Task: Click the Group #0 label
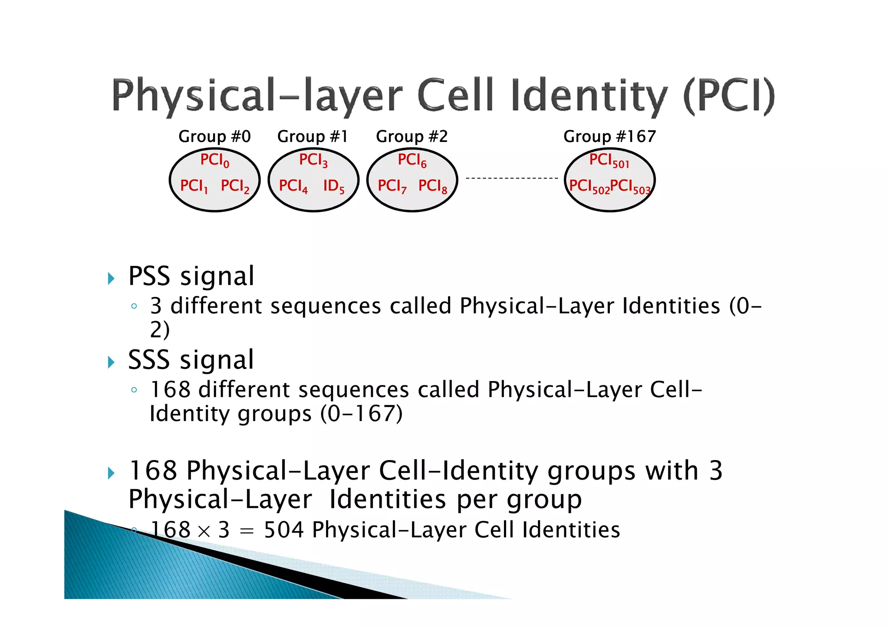click(214, 137)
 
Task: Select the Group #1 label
click(313, 137)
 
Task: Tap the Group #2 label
click(412, 137)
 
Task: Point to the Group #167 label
click(609, 137)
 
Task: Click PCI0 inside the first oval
click(214, 161)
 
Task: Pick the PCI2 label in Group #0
click(235, 186)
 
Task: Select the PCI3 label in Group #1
click(313, 161)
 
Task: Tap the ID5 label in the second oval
click(333, 186)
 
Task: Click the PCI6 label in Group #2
click(412, 161)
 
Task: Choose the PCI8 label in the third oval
click(432, 186)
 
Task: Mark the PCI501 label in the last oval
click(609, 161)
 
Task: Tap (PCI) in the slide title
click(729, 95)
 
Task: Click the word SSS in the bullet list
click(148, 360)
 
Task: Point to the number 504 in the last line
click(283, 530)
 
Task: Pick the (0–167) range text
click(362, 414)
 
